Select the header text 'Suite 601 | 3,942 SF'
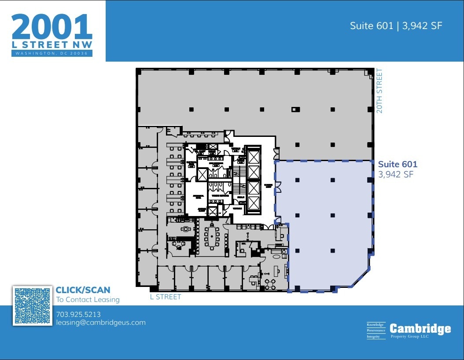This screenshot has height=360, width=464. tap(396, 26)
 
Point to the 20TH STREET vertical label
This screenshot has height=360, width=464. tap(379, 91)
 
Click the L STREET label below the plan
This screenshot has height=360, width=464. tap(166, 297)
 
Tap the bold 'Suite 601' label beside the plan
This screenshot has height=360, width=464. tap(398, 165)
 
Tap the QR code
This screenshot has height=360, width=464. tap(32, 306)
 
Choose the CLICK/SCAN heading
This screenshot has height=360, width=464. tap(83, 290)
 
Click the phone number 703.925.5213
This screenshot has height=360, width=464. tap(78, 314)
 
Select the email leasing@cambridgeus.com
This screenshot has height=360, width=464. tap(101, 323)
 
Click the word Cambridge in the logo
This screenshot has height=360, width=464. tap(420, 329)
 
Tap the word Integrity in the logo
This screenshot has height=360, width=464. tap(373, 337)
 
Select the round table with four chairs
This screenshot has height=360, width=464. tap(270, 282)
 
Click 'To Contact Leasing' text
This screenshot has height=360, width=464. tap(88, 300)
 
